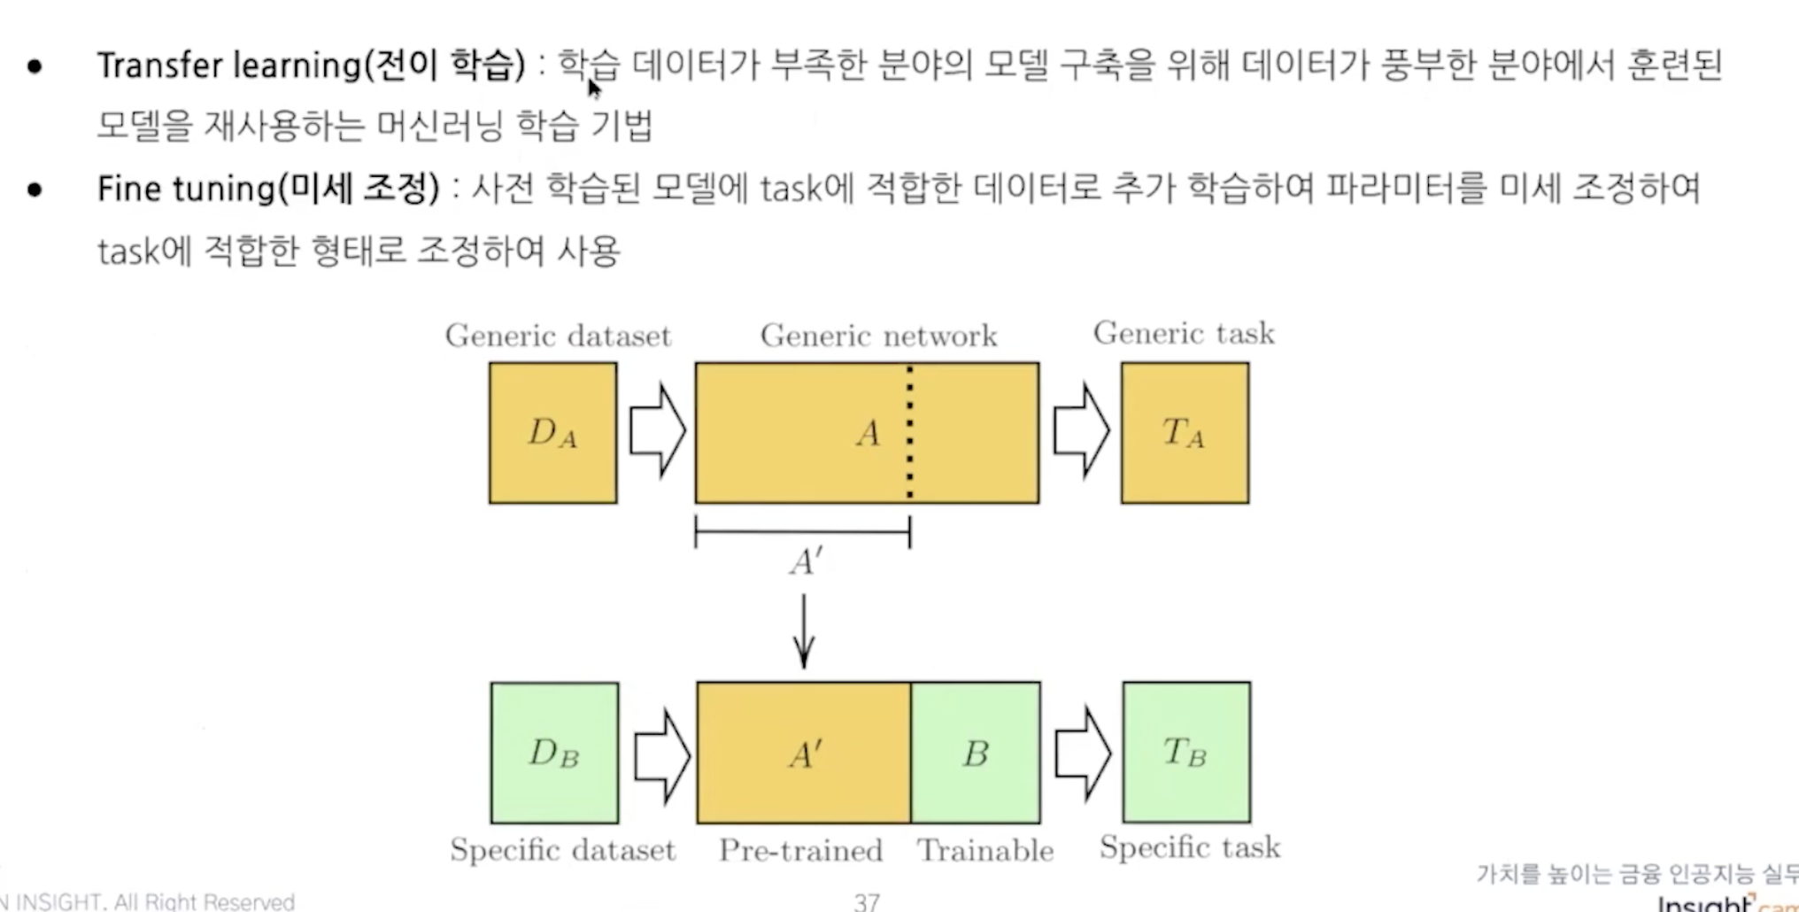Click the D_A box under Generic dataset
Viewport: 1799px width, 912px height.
[552, 433]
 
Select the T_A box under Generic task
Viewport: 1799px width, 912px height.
[1185, 433]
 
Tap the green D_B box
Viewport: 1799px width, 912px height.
[554, 753]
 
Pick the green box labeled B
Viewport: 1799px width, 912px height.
[975, 753]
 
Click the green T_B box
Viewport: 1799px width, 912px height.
[1186, 753]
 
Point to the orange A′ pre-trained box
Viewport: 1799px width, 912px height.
[803, 753]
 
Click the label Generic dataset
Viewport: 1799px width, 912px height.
[558, 336]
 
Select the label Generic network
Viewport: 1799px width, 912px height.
[878, 336]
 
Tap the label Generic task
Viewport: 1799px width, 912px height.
[1184, 333]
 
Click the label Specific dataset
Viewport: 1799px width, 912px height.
[562, 850]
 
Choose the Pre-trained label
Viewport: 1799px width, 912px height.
[800, 850]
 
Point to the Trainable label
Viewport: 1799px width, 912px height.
[985, 850]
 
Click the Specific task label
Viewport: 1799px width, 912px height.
[1190, 847]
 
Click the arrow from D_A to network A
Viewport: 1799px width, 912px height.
[657, 431]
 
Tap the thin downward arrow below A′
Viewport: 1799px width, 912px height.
[804, 631]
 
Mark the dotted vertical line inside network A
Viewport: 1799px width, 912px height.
[910, 433]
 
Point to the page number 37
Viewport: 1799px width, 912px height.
[867, 901]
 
